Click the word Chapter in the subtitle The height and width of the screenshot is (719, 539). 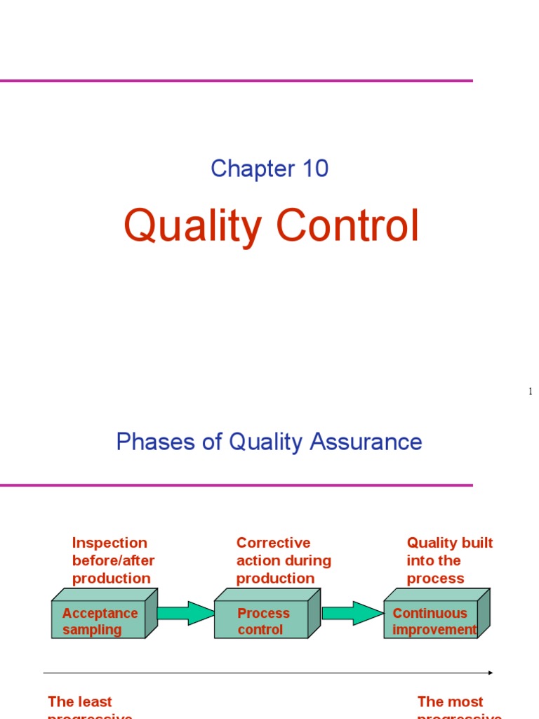pos(241,169)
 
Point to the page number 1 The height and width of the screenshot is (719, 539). pos(531,391)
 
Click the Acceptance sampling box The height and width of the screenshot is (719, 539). pos(99,621)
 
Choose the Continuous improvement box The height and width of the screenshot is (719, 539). pos(431,621)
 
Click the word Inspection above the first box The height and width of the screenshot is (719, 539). pos(109,543)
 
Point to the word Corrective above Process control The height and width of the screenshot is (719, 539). pos(273,543)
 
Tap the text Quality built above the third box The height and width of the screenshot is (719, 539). pos(449,543)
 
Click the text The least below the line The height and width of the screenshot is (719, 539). pos(79,701)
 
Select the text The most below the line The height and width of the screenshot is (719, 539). pos(450,701)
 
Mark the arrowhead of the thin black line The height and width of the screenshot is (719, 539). pos(491,673)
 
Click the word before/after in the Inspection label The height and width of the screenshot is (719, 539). pos(113,560)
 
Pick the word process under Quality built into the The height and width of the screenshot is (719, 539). pos(435,579)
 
